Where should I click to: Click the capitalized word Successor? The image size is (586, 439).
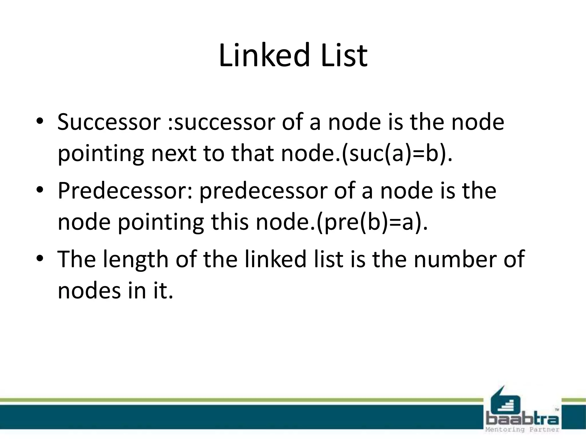coord(109,122)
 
